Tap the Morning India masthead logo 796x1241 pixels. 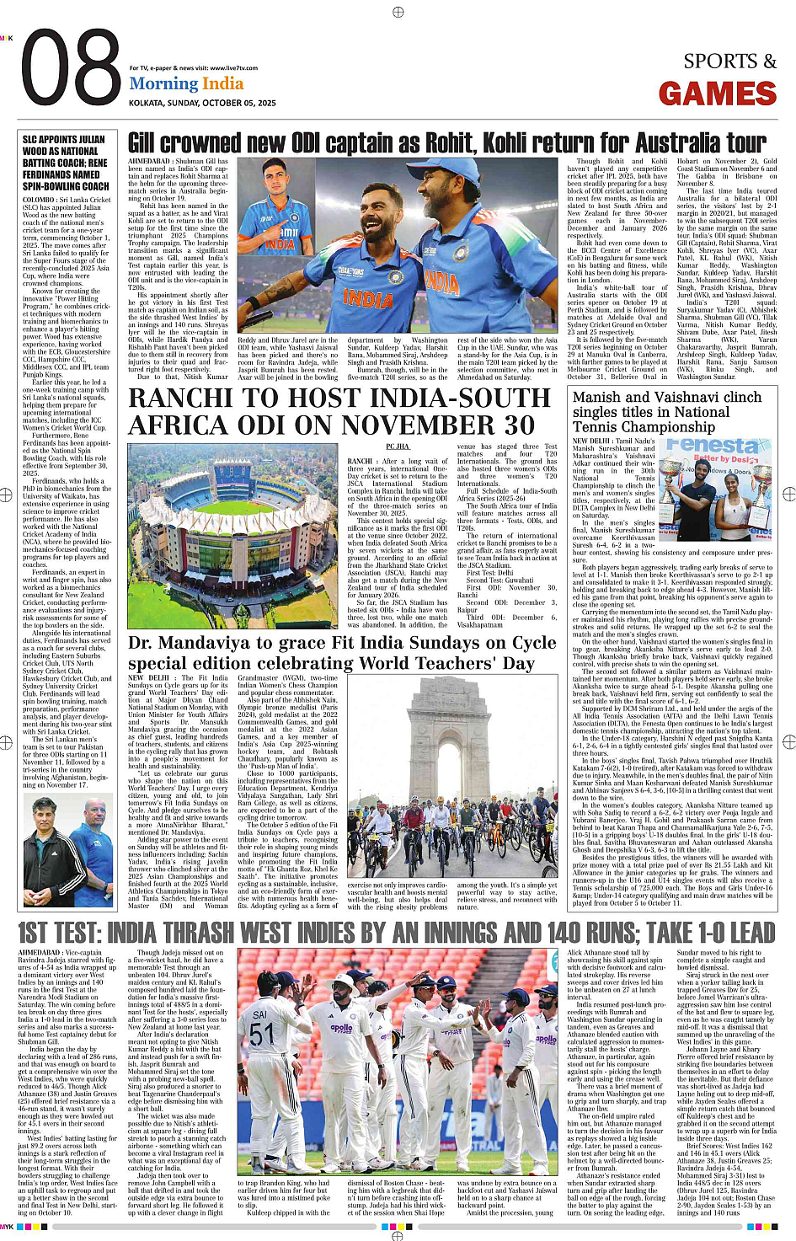pos(186,83)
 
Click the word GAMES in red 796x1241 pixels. pos(717,94)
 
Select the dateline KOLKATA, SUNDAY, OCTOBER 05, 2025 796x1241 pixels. pos(202,103)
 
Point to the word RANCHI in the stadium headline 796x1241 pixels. pos(179,399)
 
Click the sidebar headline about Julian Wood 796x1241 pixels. pos(66,163)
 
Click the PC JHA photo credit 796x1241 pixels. pos(397,447)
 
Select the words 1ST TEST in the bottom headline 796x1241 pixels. pos(60,933)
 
